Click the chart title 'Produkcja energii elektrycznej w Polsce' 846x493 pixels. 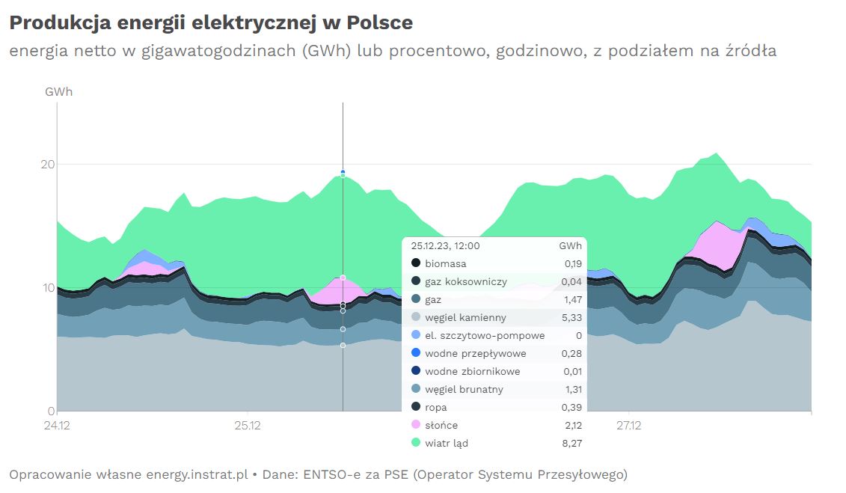pos(211,23)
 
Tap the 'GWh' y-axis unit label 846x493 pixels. pos(59,92)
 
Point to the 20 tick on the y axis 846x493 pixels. pos(49,164)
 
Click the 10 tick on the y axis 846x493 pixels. pos(49,288)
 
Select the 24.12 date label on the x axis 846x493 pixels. pos(58,426)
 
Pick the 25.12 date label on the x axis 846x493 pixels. pos(248,426)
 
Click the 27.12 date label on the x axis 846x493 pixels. pos(628,426)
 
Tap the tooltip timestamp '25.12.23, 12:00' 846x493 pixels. pos(446,245)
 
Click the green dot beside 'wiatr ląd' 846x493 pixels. pos(416,443)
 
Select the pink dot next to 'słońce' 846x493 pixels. pos(416,425)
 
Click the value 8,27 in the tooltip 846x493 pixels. pos(572,443)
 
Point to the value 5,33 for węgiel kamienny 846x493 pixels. pos(572,317)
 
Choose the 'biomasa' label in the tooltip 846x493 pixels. pos(445,263)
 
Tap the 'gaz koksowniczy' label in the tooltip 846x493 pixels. pos(465,281)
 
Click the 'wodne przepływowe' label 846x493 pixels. pos(475,353)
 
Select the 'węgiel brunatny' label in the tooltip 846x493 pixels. pos(464,389)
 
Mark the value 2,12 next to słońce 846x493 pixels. pos(572,425)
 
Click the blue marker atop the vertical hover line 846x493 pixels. pos(343,172)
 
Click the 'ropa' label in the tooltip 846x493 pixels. pos(437,407)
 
